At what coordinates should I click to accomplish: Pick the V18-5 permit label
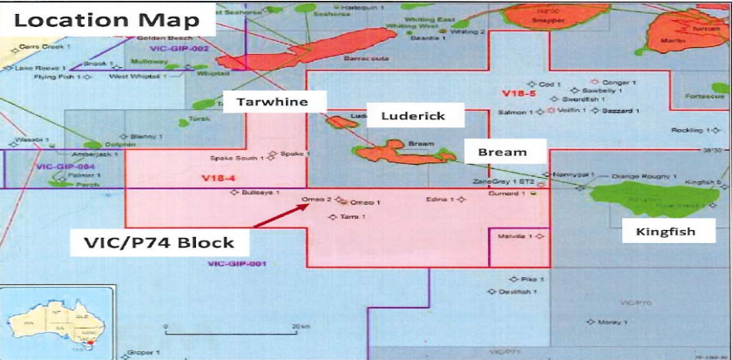[x=517, y=92]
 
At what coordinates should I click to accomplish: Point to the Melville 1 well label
[x=515, y=236]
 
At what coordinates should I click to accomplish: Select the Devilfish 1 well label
[x=521, y=292]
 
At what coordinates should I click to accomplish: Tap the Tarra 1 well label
[x=351, y=216]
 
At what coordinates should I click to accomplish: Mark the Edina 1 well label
[x=438, y=200]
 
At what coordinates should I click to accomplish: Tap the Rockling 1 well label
[x=688, y=130]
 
